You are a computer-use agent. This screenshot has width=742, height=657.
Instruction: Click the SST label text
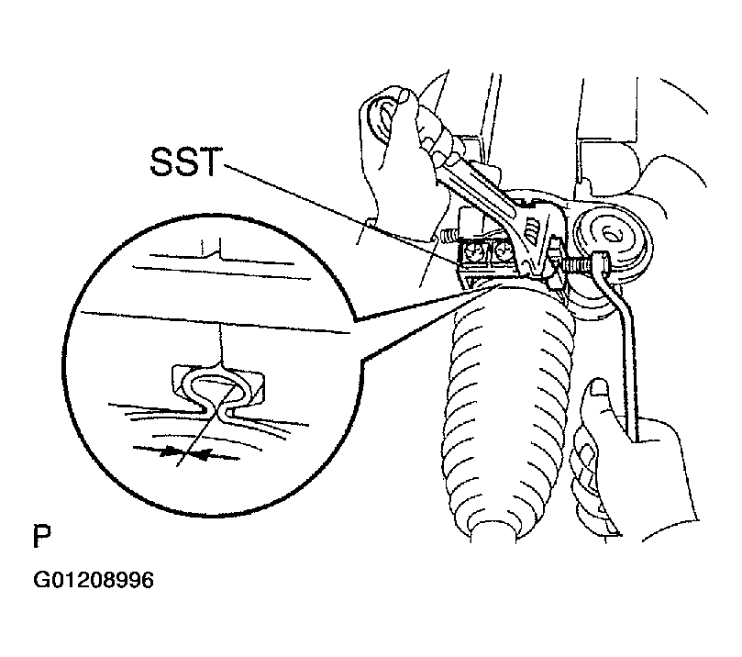[185, 161]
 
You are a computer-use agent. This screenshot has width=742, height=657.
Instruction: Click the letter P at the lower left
[41, 536]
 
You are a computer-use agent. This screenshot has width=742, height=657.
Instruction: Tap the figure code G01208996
[94, 580]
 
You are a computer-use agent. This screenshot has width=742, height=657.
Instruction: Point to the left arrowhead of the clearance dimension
[168, 453]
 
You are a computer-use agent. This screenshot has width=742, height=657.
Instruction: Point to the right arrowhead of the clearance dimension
[203, 455]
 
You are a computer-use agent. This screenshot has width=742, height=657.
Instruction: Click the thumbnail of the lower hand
[600, 387]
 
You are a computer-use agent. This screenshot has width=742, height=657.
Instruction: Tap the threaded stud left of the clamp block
[449, 235]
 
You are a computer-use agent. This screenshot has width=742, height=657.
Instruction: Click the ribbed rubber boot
[509, 407]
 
